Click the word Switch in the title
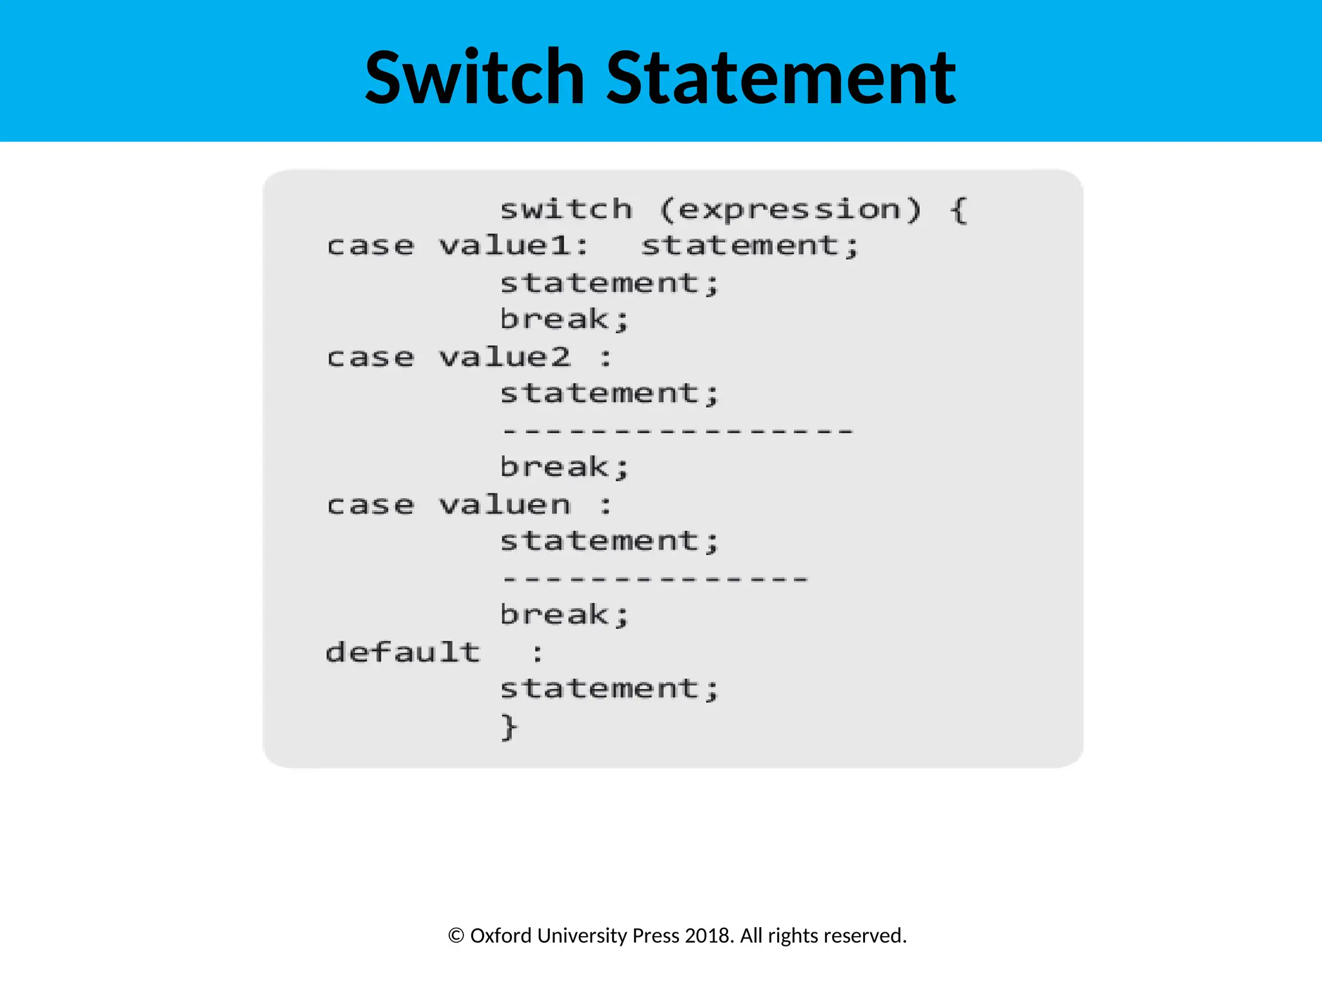click(474, 77)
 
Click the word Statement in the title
click(781, 77)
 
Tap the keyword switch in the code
click(566, 210)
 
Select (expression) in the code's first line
click(790, 210)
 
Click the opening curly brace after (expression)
click(959, 210)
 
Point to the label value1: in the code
click(514, 246)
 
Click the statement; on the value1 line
click(750, 246)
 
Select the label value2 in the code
click(505, 357)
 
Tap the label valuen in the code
click(505, 505)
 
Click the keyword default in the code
click(403, 652)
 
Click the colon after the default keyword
click(537, 654)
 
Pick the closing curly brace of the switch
click(509, 727)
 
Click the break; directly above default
click(564, 615)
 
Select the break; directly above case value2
click(564, 320)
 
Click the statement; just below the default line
click(609, 689)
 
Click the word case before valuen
click(370, 505)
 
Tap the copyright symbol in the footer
click(456, 936)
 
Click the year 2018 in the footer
click(709, 936)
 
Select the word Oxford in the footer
click(501, 936)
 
